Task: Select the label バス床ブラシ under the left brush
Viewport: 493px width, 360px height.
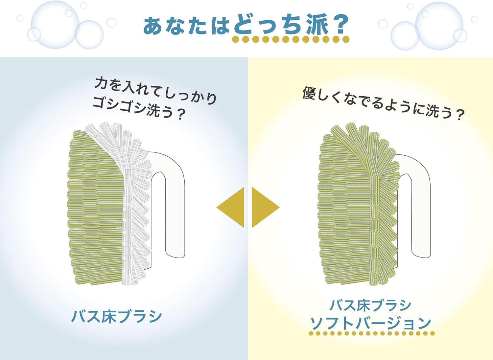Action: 117,316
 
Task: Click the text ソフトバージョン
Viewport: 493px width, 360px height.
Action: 371,323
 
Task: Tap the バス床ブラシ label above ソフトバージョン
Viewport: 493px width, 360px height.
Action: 370,305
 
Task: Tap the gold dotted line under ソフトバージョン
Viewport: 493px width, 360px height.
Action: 372,333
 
